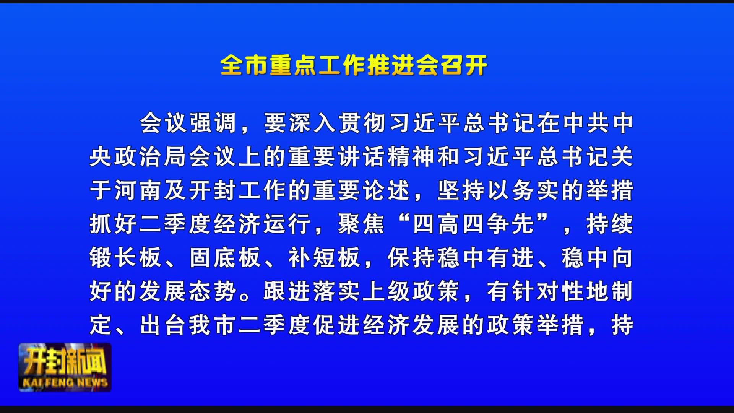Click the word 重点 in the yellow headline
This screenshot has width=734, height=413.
pyautogui.click(x=293, y=65)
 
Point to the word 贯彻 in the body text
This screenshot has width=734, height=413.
pyautogui.click(x=362, y=123)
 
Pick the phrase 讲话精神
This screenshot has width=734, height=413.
pyautogui.click(x=387, y=156)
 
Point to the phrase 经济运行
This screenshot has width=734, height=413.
pyautogui.click(x=263, y=224)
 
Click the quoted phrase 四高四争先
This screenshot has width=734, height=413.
pyautogui.click(x=474, y=224)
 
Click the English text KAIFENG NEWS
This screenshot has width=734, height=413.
pyautogui.click(x=65, y=382)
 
